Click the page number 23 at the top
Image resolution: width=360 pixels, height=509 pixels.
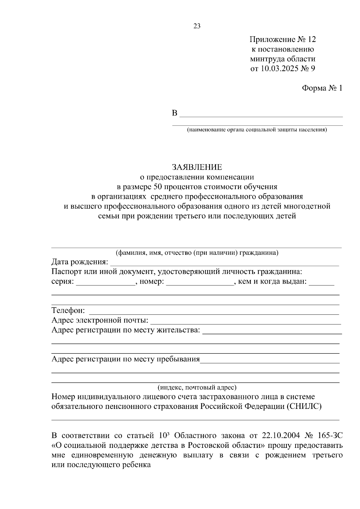(x=197, y=26)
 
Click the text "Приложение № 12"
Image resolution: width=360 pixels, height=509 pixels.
(x=283, y=40)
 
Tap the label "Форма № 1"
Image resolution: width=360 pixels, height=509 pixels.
(x=322, y=88)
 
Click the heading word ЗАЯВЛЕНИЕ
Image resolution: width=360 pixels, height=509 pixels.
(x=197, y=167)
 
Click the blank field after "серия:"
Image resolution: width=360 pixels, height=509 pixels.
(x=106, y=283)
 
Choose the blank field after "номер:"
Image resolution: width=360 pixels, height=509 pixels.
(x=200, y=283)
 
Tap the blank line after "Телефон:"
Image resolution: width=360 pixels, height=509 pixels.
(x=214, y=312)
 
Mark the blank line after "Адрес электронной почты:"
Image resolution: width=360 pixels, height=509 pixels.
(x=245, y=321)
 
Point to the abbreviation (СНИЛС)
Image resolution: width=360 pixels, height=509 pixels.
(x=304, y=406)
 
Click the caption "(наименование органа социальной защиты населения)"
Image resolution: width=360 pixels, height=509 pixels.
(x=257, y=130)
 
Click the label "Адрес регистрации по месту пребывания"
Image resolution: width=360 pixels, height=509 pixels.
(x=125, y=359)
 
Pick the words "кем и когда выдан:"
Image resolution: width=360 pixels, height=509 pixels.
(x=272, y=281)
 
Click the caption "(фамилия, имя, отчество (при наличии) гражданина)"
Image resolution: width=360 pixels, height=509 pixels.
(x=197, y=253)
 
